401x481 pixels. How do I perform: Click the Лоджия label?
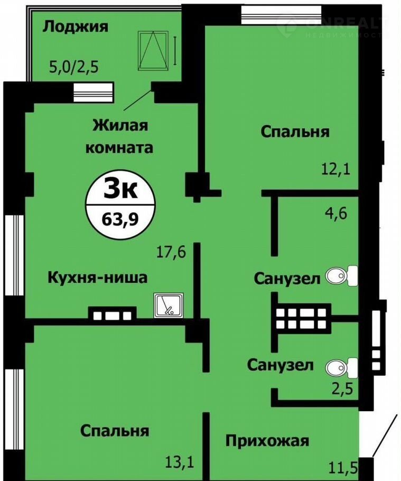point(76,27)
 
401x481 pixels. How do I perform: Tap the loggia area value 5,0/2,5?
point(74,67)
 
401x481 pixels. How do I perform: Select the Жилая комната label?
point(119,136)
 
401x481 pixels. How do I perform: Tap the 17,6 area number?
point(171,253)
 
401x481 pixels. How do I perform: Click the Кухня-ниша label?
point(98,277)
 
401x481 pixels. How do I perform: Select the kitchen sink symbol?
point(169,305)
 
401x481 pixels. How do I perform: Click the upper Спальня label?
point(295,132)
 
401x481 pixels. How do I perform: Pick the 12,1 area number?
point(335,169)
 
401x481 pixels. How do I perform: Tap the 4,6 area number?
point(336,213)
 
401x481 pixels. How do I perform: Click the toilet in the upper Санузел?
point(341,276)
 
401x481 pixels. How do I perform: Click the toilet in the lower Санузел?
point(341,367)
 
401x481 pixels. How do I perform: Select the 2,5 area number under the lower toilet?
point(342,388)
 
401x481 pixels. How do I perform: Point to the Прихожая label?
point(267,441)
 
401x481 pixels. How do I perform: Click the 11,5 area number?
point(343,468)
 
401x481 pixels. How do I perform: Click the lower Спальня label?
point(115,431)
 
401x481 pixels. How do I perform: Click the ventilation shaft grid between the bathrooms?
point(301,318)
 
